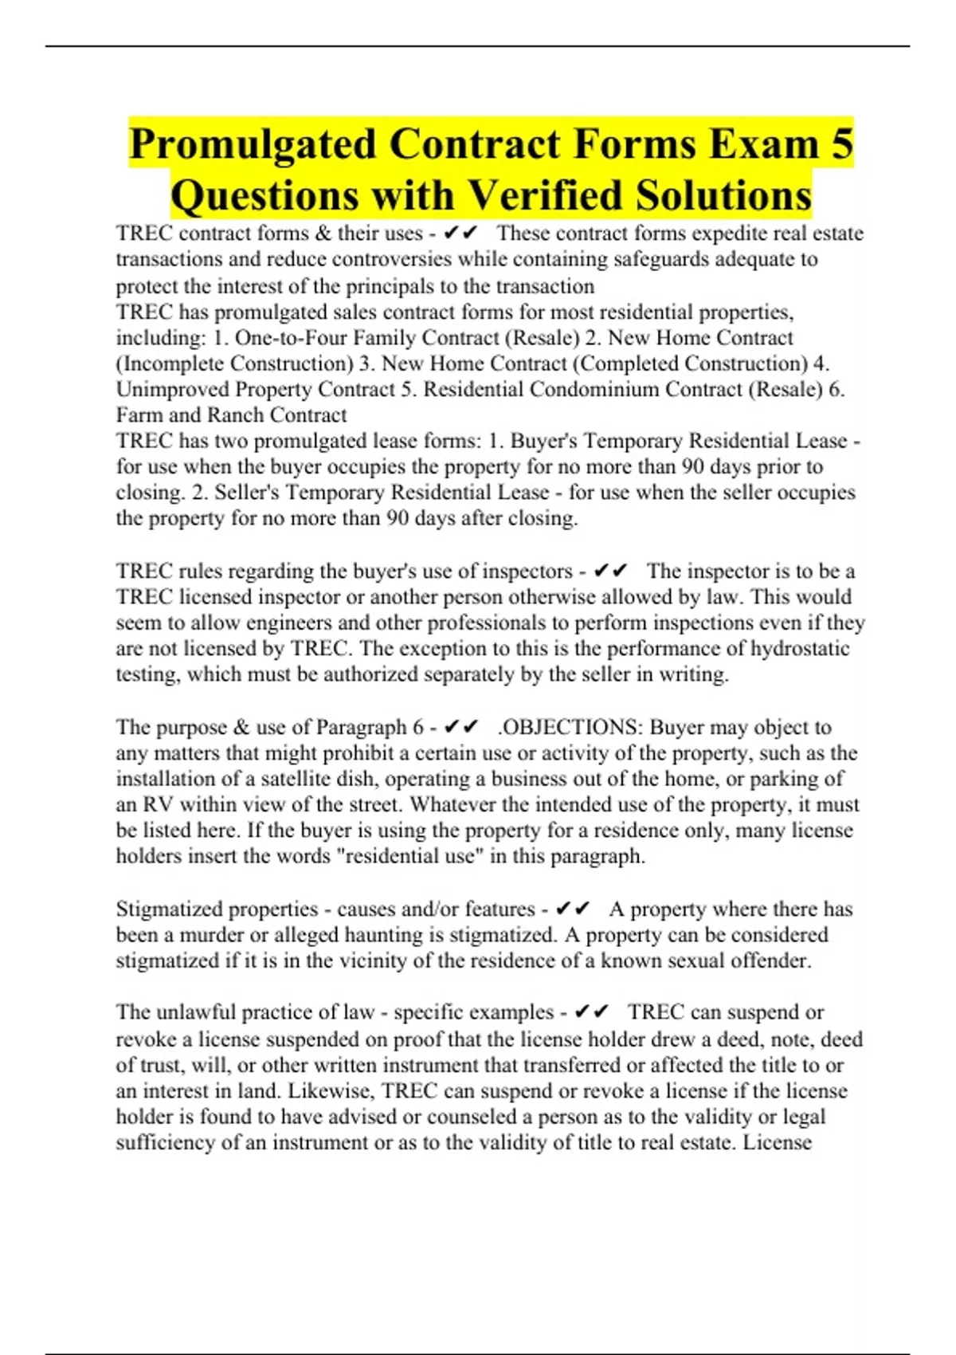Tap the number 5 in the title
[841, 144]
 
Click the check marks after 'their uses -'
[460, 233]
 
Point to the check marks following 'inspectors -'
[610, 571]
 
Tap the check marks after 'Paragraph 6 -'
[460, 727]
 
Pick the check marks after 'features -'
[573, 909]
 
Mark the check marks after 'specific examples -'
[591, 1011]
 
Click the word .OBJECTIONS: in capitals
[570, 727]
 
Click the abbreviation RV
[157, 804]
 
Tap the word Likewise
[331, 1090]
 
